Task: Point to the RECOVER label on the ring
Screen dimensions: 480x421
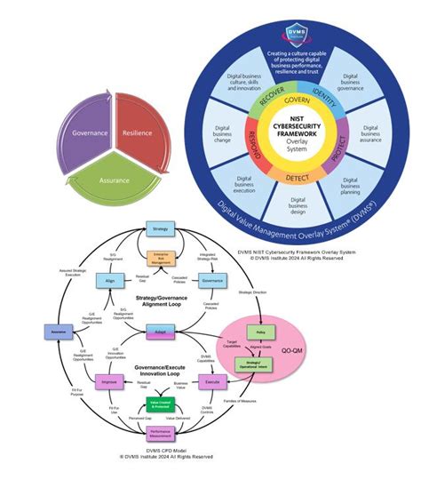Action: click(x=254, y=105)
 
